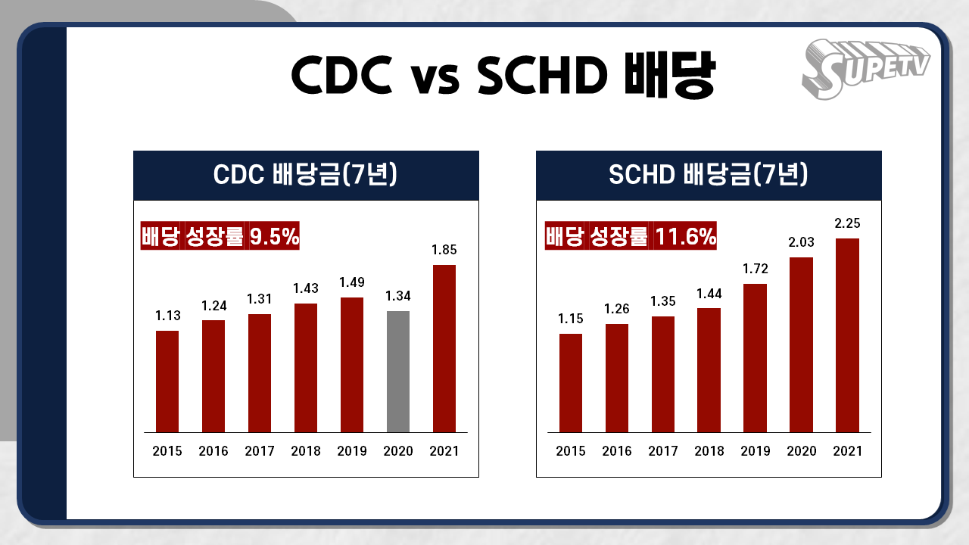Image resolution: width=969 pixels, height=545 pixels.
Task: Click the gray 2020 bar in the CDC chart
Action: tap(398, 372)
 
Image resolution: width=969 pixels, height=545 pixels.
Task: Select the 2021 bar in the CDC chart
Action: tap(444, 349)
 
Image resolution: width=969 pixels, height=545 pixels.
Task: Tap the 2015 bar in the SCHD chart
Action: tap(571, 383)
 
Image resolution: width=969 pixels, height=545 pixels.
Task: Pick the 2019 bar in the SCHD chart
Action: tap(755, 358)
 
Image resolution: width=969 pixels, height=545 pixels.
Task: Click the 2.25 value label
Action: tap(847, 223)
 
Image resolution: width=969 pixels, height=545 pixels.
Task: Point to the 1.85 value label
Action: tap(444, 250)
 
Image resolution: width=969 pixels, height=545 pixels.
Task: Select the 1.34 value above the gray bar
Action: tap(398, 296)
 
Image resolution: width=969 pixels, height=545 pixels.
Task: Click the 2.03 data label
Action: tap(801, 242)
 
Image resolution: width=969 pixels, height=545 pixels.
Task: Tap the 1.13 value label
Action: tap(168, 316)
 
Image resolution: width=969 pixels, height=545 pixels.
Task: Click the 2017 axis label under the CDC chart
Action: tap(260, 451)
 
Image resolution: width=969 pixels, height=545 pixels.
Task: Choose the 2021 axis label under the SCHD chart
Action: tap(847, 451)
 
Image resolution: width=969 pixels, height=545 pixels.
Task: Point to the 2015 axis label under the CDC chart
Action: tap(167, 451)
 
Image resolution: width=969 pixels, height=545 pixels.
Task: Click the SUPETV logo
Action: tap(865, 69)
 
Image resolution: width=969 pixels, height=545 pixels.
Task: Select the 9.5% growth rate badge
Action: tap(220, 235)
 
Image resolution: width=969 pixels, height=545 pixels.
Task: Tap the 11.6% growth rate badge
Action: tap(631, 235)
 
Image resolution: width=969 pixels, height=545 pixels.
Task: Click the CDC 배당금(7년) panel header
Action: tap(306, 175)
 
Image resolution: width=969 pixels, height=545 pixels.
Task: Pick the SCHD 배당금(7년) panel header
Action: tap(709, 175)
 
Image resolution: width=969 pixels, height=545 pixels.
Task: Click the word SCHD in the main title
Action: tap(543, 75)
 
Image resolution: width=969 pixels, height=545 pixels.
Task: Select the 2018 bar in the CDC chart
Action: tap(306, 368)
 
